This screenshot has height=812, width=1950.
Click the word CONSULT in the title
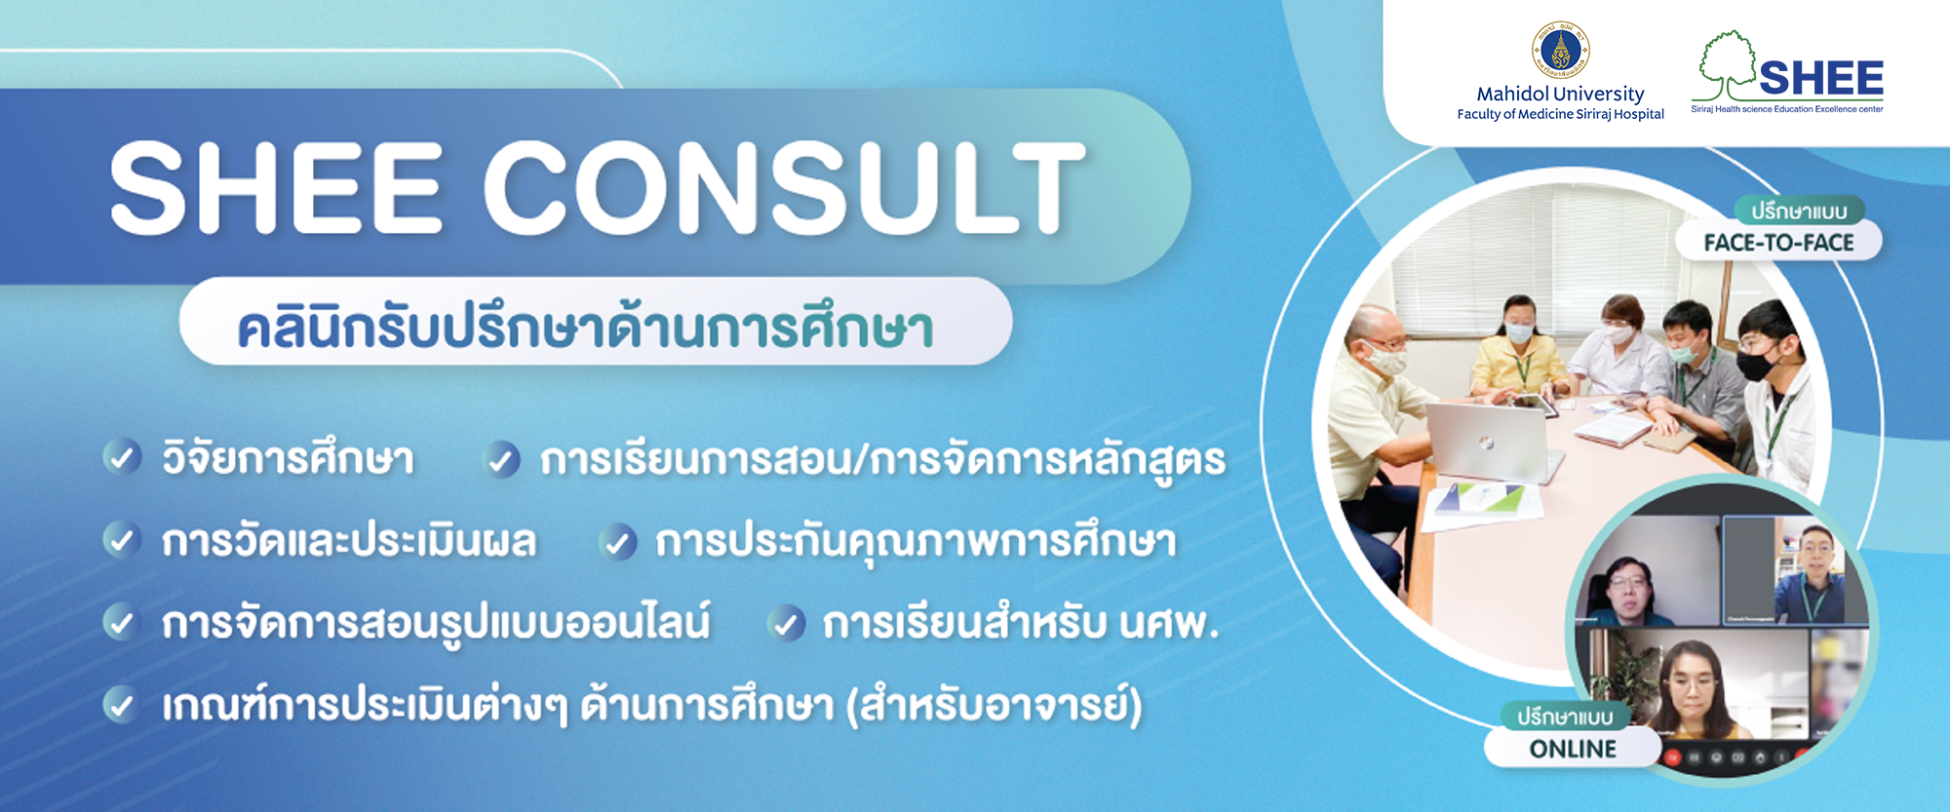click(x=785, y=187)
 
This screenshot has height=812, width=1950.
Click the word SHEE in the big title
click(x=277, y=187)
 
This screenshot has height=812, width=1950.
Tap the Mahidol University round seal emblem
click(x=1560, y=50)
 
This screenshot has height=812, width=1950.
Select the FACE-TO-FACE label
click(x=1778, y=243)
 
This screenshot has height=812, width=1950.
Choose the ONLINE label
click(x=1573, y=749)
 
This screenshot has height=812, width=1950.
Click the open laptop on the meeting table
click(x=1488, y=439)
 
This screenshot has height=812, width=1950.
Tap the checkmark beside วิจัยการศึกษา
click(x=122, y=457)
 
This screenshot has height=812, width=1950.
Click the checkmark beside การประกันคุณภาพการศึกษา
click(x=618, y=541)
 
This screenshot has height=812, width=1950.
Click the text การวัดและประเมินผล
click(x=349, y=541)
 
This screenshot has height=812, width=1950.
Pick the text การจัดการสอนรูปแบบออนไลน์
click(x=436, y=624)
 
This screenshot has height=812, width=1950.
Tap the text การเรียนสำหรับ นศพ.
click(x=1021, y=624)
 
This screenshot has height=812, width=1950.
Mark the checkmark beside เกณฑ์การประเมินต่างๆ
click(x=122, y=705)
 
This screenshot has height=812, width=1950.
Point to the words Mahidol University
click(x=1560, y=94)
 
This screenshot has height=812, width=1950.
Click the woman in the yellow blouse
click(x=1517, y=351)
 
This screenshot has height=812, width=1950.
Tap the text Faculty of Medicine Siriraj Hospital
click(x=1560, y=114)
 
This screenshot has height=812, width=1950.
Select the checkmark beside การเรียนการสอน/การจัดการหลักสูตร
click(x=502, y=459)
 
